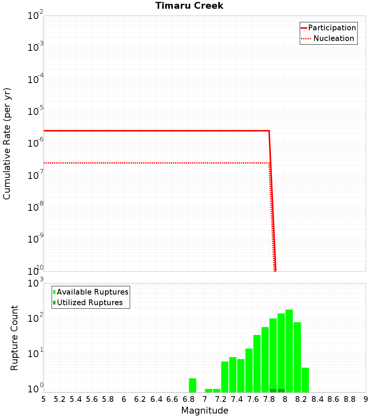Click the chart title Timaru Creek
[x=189, y=6]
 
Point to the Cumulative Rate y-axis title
[x=7, y=143]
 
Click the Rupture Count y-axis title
[x=14, y=337]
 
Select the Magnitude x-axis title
[x=205, y=411]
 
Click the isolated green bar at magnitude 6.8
[x=193, y=385]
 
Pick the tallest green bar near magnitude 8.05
[x=289, y=351]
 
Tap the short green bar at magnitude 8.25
[x=305, y=380]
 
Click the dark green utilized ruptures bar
[x=277, y=390]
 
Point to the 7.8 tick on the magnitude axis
[x=269, y=399]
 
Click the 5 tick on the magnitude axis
[x=44, y=399]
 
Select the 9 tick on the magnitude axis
[x=366, y=399]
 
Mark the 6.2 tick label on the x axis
[x=140, y=399]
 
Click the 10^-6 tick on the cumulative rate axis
[x=36, y=143]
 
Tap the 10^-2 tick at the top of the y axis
[x=36, y=16]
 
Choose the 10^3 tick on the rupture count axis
[x=36, y=283]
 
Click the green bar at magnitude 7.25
[x=225, y=377]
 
